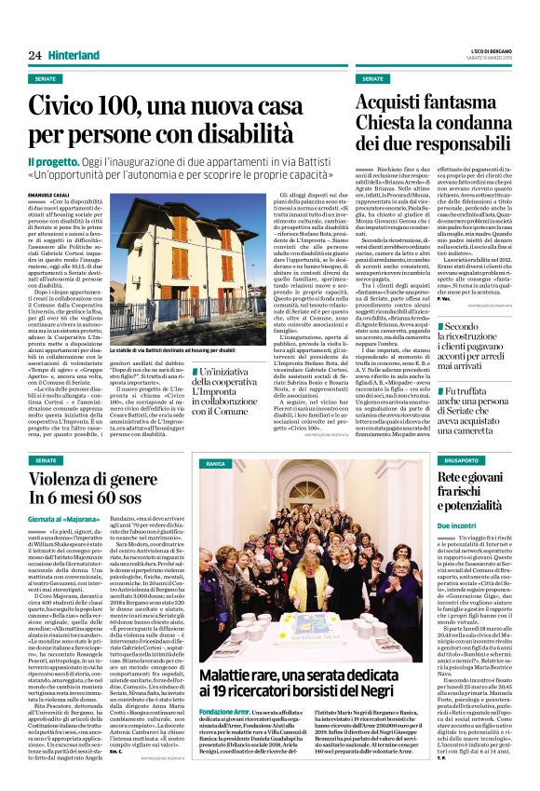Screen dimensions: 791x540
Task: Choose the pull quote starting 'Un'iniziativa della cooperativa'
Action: tap(247, 391)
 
